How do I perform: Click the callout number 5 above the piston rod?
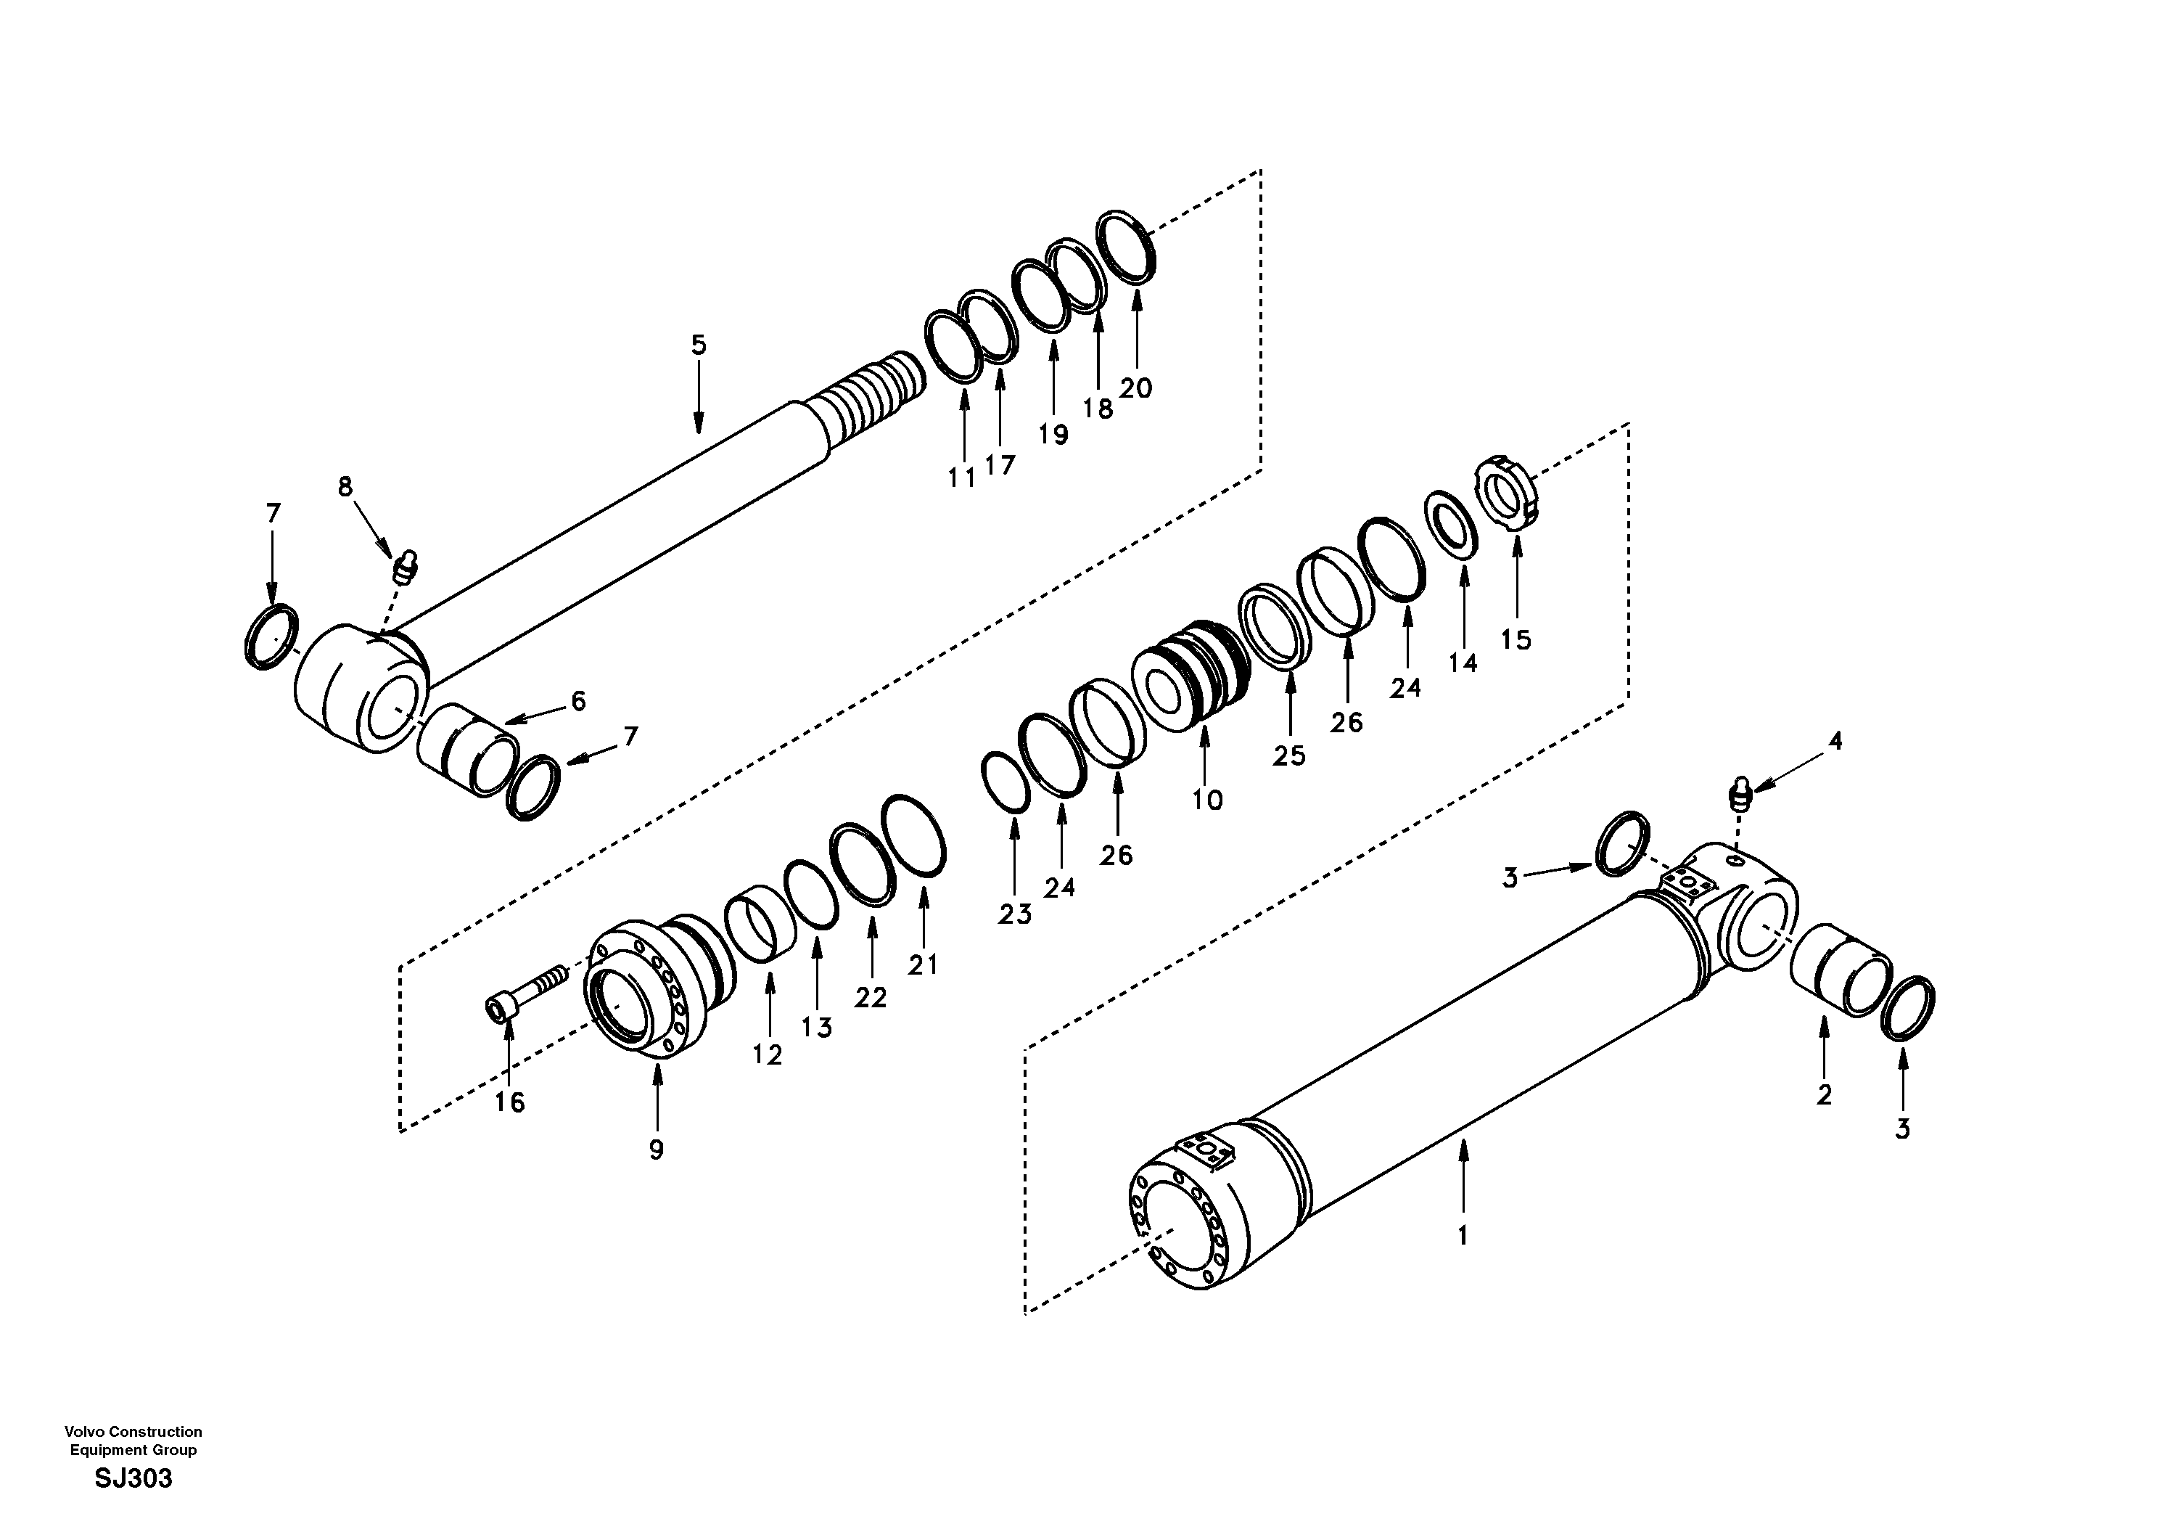[698, 345]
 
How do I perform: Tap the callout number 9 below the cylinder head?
[657, 1149]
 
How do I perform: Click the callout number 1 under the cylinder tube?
[1463, 1235]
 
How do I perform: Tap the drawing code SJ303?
[133, 1479]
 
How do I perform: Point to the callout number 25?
[1289, 755]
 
